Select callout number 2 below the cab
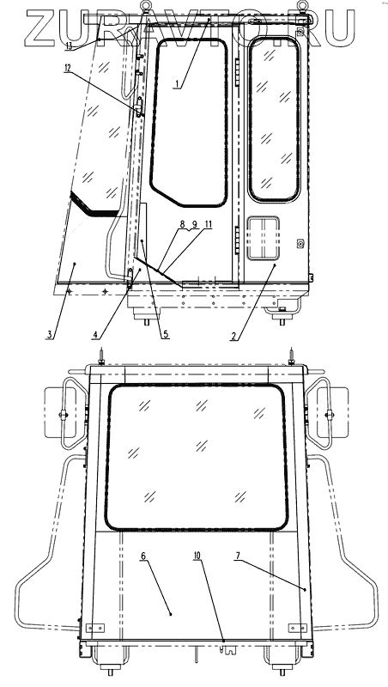click(234, 336)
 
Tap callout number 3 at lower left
click(50, 335)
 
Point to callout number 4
click(95, 335)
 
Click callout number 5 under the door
click(166, 334)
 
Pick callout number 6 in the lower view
click(143, 556)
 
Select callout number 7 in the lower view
click(238, 556)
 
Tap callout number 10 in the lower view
click(197, 556)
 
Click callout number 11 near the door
click(209, 224)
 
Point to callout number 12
click(67, 69)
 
